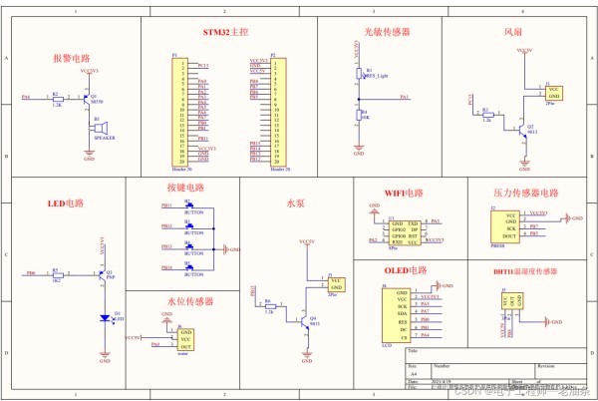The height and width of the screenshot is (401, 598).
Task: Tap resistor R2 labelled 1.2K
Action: pyautogui.click(x=57, y=98)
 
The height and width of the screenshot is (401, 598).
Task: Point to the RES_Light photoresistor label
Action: pyautogui.click(x=377, y=76)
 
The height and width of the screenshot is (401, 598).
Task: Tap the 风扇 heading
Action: pyautogui.click(x=514, y=32)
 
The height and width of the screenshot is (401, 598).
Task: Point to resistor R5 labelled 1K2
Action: pyautogui.click(x=57, y=272)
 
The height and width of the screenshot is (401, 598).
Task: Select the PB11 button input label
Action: pyautogui.click(x=166, y=206)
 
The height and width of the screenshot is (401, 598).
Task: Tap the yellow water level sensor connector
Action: pyautogui.click(x=186, y=338)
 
